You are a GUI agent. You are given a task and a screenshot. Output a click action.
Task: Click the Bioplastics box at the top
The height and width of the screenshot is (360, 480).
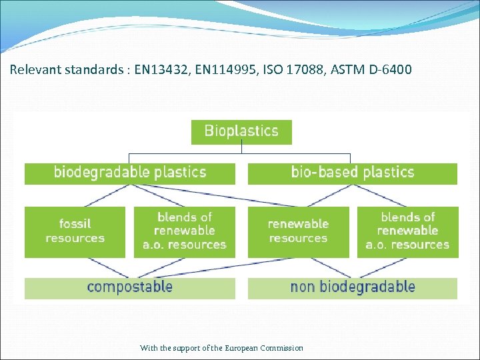241,131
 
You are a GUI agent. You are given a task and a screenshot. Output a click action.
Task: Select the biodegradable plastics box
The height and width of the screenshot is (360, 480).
130,173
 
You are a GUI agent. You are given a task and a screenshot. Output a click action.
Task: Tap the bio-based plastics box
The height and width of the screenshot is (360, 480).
353,173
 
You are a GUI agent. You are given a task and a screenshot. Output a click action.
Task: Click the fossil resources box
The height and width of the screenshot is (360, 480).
75,231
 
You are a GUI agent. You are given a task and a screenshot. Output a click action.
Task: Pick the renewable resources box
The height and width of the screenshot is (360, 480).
298,231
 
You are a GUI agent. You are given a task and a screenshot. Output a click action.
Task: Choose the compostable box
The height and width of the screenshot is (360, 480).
130,288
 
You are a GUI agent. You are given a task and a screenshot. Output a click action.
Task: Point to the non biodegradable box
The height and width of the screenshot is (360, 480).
353,288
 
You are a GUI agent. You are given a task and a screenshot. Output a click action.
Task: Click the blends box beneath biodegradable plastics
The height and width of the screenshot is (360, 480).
185,231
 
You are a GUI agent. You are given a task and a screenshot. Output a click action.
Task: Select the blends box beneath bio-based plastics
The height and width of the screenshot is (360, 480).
408,231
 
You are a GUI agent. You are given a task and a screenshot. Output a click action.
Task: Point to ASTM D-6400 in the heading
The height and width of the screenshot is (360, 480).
377,69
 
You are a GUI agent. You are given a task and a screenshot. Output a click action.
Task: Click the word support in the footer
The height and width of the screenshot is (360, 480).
189,348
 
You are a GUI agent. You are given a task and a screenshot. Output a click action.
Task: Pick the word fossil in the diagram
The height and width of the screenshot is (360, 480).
75,224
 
